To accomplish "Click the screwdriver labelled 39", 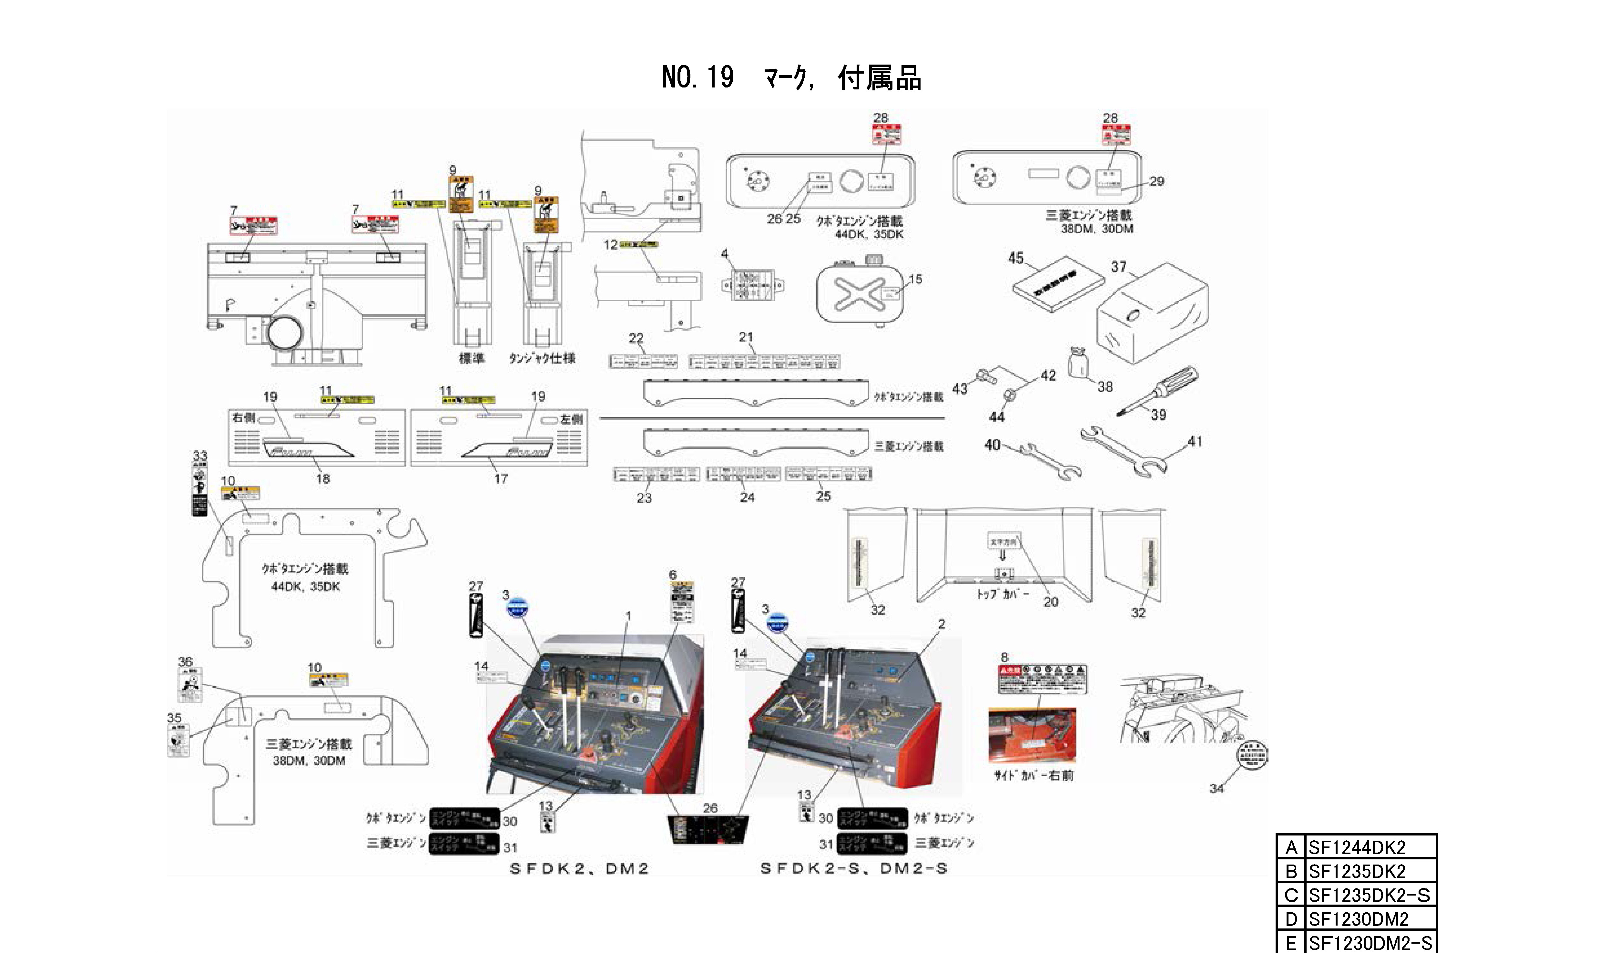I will click(x=1157, y=390).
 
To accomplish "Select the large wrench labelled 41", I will click(x=1123, y=453).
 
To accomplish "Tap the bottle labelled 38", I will click(x=1077, y=364).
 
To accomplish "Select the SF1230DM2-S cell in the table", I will click(x=1370, y=943).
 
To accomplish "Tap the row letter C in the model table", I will click(x=1291, y=895).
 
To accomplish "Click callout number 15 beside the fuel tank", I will click(x=915, y=279).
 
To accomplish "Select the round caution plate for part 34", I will click(x=1252, y=754).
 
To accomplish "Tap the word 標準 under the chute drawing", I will click(x=471, y=358).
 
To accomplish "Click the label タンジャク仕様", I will click(x=542, y=358).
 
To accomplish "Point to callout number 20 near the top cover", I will click(x=1050, y=602).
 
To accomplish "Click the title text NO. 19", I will click(x=698, y=78).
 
